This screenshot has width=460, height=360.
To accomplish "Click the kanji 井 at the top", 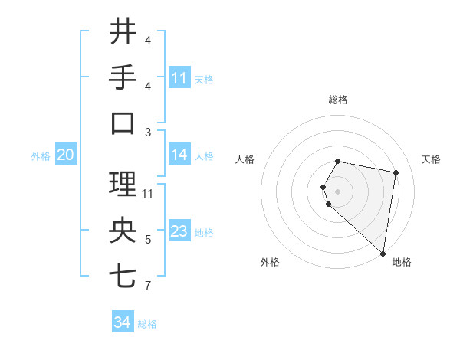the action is [123, 32].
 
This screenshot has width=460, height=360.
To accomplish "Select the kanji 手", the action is [123, 77].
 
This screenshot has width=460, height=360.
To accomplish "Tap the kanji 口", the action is [123, 123].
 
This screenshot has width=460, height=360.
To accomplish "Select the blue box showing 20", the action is [65, 155].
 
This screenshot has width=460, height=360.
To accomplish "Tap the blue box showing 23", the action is [179, 232].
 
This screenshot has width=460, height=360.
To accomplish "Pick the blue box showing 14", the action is [179, 155].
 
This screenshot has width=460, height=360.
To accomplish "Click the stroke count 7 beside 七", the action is [147, 286].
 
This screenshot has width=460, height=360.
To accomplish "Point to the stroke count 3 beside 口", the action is [147, 133].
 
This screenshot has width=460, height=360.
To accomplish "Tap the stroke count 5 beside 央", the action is [147, 241].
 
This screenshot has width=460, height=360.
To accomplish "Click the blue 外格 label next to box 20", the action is [41, 156].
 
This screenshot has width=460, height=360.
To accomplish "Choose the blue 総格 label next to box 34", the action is [147, 324].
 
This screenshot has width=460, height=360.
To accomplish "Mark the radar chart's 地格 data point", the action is [383, 253].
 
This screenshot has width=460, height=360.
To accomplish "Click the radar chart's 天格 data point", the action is [396, 173].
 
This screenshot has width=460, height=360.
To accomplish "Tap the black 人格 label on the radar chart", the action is [245, 160].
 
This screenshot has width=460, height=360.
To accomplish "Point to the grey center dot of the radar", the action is [337, 191].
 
